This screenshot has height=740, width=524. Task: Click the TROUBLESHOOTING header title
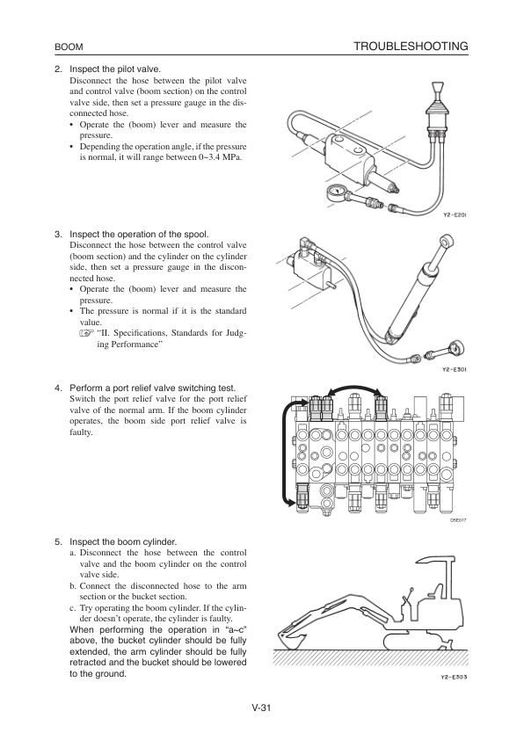[x=411, y=47]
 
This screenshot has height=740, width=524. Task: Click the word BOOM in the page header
[x=69, y=47]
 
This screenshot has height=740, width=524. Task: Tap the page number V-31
[x=261, y=707]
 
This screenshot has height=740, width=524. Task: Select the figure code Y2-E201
[x=455, y=215]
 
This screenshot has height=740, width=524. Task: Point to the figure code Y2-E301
[x=455, y=369]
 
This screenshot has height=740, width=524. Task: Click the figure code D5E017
[x=458, y=520]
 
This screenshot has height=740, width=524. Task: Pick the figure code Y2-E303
[x=454, y=678]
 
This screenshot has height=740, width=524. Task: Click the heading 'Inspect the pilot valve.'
[x=115, y=69]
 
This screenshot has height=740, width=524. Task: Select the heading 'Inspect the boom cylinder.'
[x=123, y=541]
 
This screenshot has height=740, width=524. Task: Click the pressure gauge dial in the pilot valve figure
[x=335, y=193]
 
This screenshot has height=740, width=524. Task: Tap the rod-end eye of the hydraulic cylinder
[x=445, y=240]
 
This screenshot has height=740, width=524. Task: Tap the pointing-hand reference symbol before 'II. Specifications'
[x=86, y=334]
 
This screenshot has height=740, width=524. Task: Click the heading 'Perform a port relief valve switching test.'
[x=152, y=388]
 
